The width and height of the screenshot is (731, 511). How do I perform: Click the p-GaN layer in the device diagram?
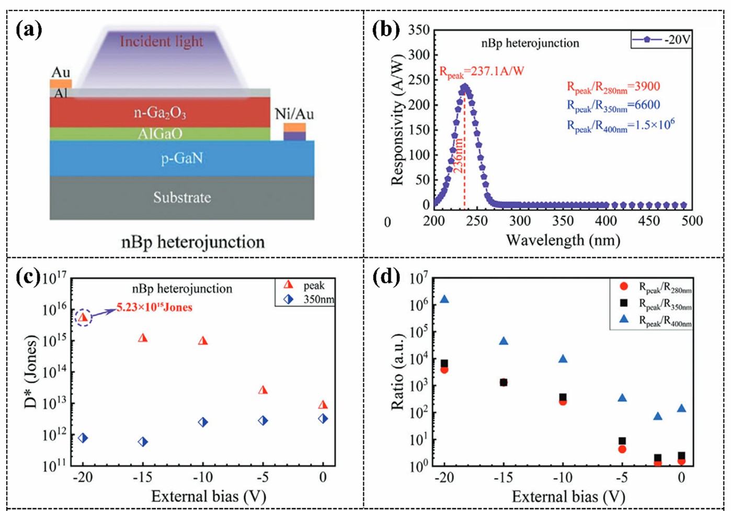(181, 158)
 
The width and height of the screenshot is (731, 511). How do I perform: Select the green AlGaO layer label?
(160, 134)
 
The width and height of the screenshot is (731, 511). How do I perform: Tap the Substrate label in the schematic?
(182, 198)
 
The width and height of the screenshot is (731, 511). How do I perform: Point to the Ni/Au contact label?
(294, 114)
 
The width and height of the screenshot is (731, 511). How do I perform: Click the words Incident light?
(161, 41)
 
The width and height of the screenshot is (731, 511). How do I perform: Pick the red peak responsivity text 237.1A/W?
(482, 72)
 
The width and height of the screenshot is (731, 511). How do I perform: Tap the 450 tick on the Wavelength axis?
(649, 221)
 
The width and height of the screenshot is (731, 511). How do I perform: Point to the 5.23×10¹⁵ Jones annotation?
(154, 307)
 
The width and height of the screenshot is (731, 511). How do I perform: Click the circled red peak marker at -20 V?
(83, 317)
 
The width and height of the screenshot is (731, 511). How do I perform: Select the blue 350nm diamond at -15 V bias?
(143, 442)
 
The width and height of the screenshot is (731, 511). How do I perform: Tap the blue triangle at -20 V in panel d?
(444, 299)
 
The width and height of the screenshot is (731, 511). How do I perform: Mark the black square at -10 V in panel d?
(563, 398)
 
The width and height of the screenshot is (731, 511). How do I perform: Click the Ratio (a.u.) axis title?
(398, 371)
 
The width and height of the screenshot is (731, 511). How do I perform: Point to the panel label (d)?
(390, 277)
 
